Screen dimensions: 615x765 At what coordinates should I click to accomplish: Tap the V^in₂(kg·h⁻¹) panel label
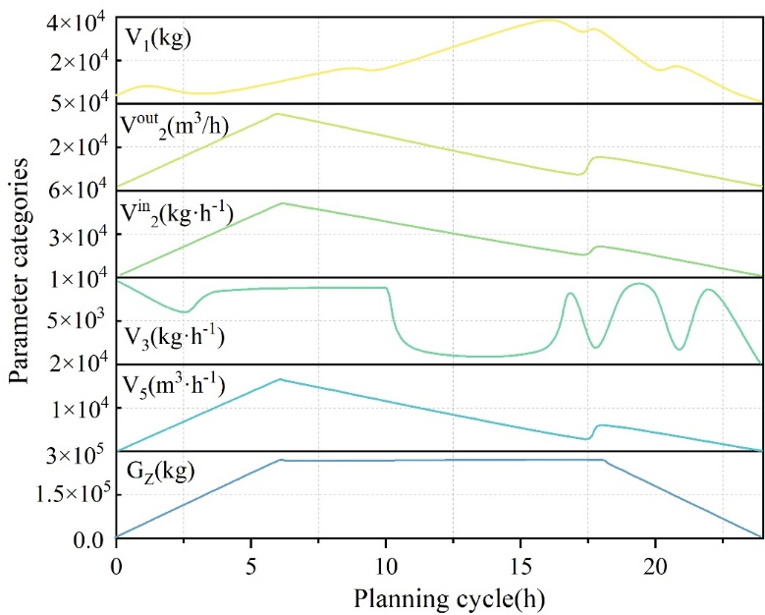pos(177,213)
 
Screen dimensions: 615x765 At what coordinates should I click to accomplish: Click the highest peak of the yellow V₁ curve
pos(548,19)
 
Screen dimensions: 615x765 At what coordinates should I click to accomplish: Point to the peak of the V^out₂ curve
pos(277,114)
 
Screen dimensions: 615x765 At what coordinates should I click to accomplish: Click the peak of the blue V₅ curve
pos(280,379)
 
